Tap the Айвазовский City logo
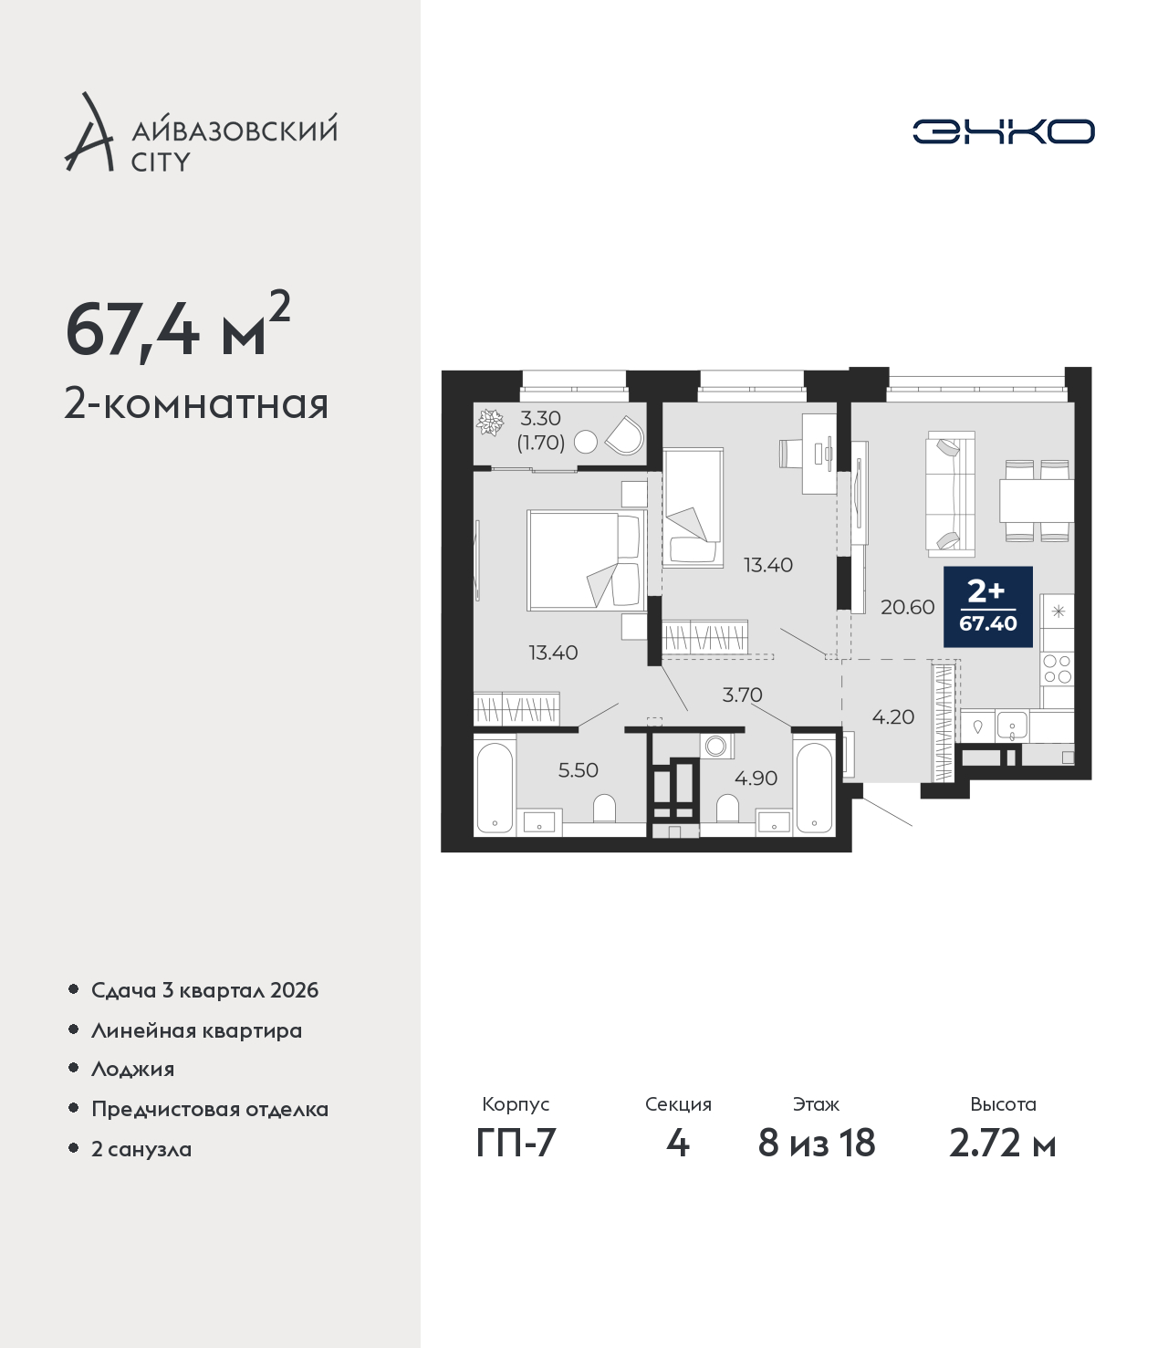201,132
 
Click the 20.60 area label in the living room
907,607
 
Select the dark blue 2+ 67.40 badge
987,607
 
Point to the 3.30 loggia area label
540,417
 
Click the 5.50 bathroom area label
578,770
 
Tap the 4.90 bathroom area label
756,778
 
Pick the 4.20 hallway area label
892,717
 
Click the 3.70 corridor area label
742,695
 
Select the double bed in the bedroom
587,560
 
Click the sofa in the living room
950,495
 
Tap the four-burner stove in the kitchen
1058,668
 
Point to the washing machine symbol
716,746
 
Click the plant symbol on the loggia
490,422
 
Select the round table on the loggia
586,442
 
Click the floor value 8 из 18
816,1160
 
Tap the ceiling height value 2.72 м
1002,1160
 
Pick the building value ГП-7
516,1160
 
